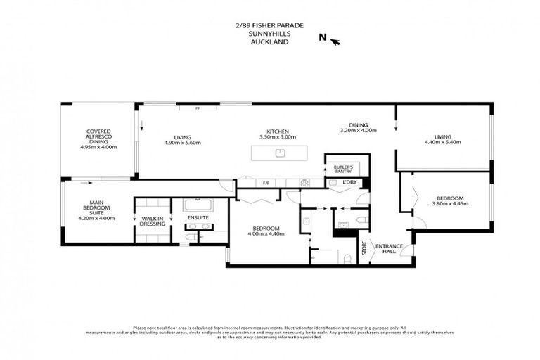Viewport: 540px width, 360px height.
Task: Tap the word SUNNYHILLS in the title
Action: coord(270,33)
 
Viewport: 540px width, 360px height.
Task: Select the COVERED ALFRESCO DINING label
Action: coord(97,136)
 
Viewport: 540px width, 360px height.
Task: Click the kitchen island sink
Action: coord(280,152)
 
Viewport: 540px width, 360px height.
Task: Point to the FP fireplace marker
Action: coord(198,108)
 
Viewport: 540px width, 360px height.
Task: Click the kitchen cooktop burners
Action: coord(305,183)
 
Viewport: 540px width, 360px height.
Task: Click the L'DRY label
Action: coord(349,183)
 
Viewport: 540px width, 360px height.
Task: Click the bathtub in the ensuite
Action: coord(198,206)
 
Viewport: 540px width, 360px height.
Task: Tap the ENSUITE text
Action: coord(198,218)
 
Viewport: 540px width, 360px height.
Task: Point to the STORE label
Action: coord(364,248)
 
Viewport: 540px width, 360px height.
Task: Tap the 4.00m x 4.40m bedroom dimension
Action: coord(266,234)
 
